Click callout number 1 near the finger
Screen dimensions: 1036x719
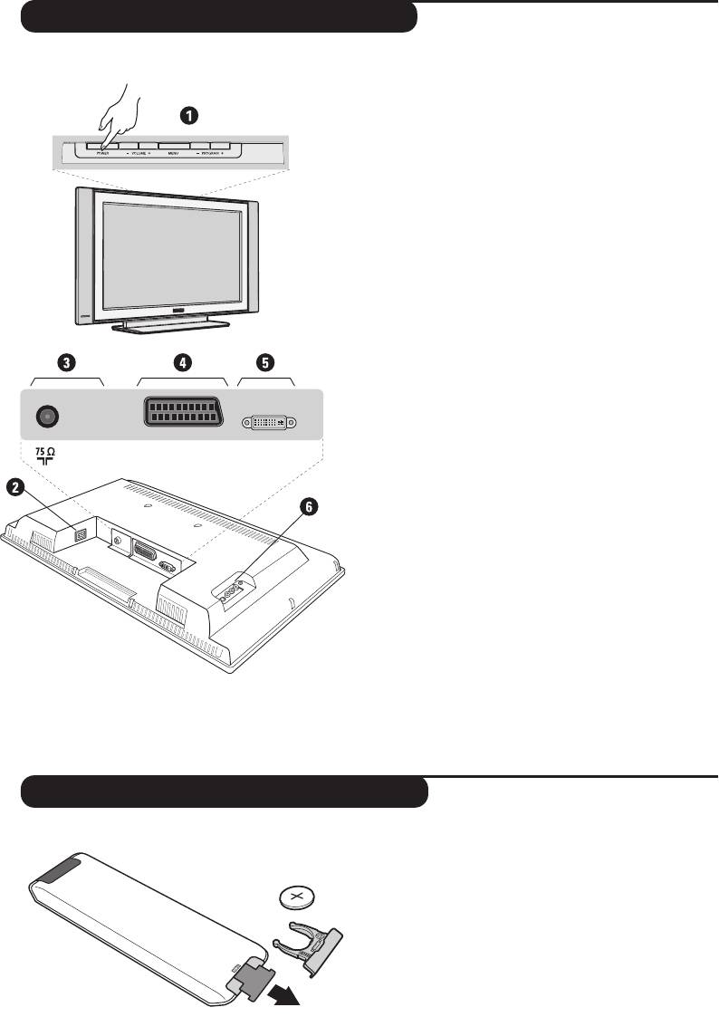(187, 115)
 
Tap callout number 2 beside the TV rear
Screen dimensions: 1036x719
(14, 487)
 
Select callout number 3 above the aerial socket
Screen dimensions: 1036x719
(66, 362)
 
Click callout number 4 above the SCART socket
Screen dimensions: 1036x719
(182, 362)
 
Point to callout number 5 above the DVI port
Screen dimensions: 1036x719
(264, 362)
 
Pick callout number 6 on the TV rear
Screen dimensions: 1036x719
(310, 508)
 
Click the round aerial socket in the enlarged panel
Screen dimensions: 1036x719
(46, 416)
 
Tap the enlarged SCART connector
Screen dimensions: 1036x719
(182, 414)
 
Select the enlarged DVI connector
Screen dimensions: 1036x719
(271, 422)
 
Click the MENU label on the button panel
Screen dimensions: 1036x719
(173, 155)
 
